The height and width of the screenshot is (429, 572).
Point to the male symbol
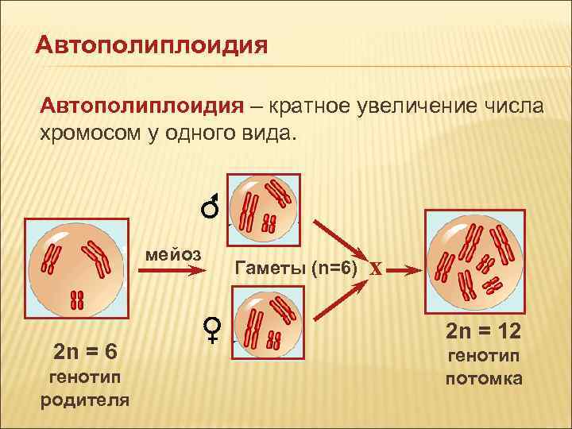[x=211, y=207]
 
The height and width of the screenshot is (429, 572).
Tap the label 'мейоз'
[x=174, y=254]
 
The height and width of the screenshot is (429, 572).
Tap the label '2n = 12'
[x=483, y=330]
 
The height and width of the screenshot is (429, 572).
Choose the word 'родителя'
[x=85, y=398]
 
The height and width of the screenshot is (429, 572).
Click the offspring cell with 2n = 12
[x=474, y=258]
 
